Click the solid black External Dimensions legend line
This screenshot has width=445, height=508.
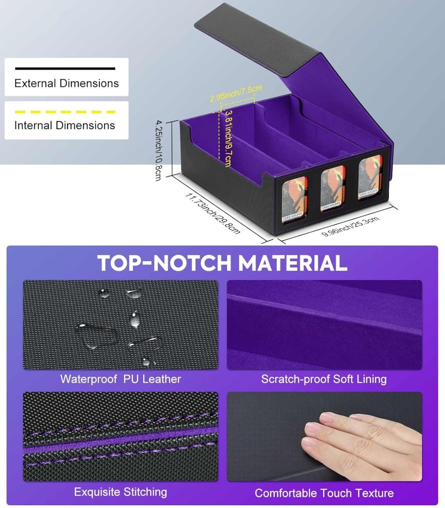pyautogui.click(x=65, y=68)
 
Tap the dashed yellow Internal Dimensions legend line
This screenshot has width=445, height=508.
pyautogui.click(x=65, y=112)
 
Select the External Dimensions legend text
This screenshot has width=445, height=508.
pyautogui.click(x=67, y=83)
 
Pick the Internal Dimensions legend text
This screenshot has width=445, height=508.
pyautogui.click(x=65, y=125)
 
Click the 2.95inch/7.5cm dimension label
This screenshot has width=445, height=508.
pyautogui.click(x=236, y=93)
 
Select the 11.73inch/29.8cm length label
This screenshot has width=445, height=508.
pyautogui.click(x=213, y=213)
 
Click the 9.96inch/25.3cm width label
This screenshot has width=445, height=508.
pyautogui.click(x=350, y=226)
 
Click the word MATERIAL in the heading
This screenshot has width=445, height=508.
pyautogui.click(x=292, y=263)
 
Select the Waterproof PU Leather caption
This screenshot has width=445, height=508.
pyautogui.click(x=120, y=379)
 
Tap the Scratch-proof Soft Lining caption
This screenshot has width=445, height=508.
pyautogui.click(x=324, y=379)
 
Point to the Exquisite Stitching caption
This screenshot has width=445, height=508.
pyautogui.click(x=120, y=492)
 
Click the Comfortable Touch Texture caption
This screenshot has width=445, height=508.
pyautogui.click(x=324, y=493)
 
